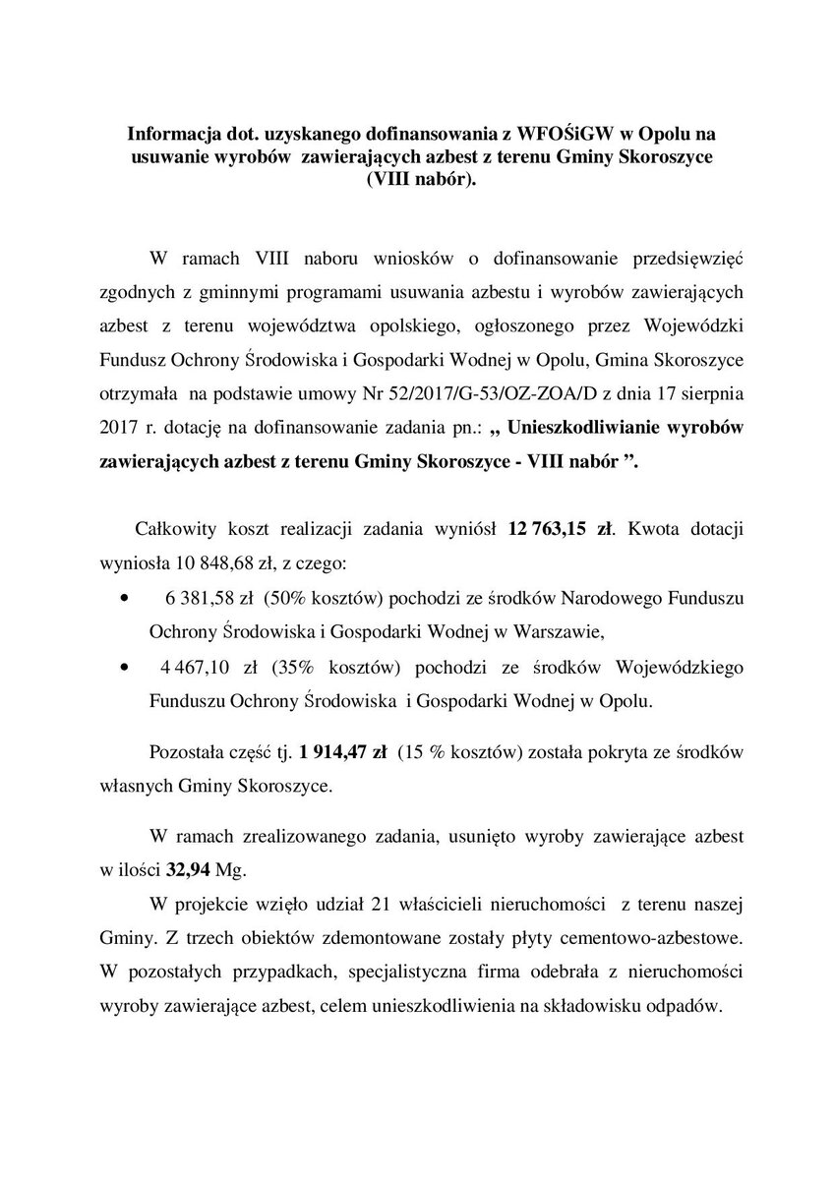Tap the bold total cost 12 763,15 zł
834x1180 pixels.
pos(560,529)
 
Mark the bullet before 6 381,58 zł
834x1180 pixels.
pos(123,597)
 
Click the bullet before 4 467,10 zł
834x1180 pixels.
pos(123,669)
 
